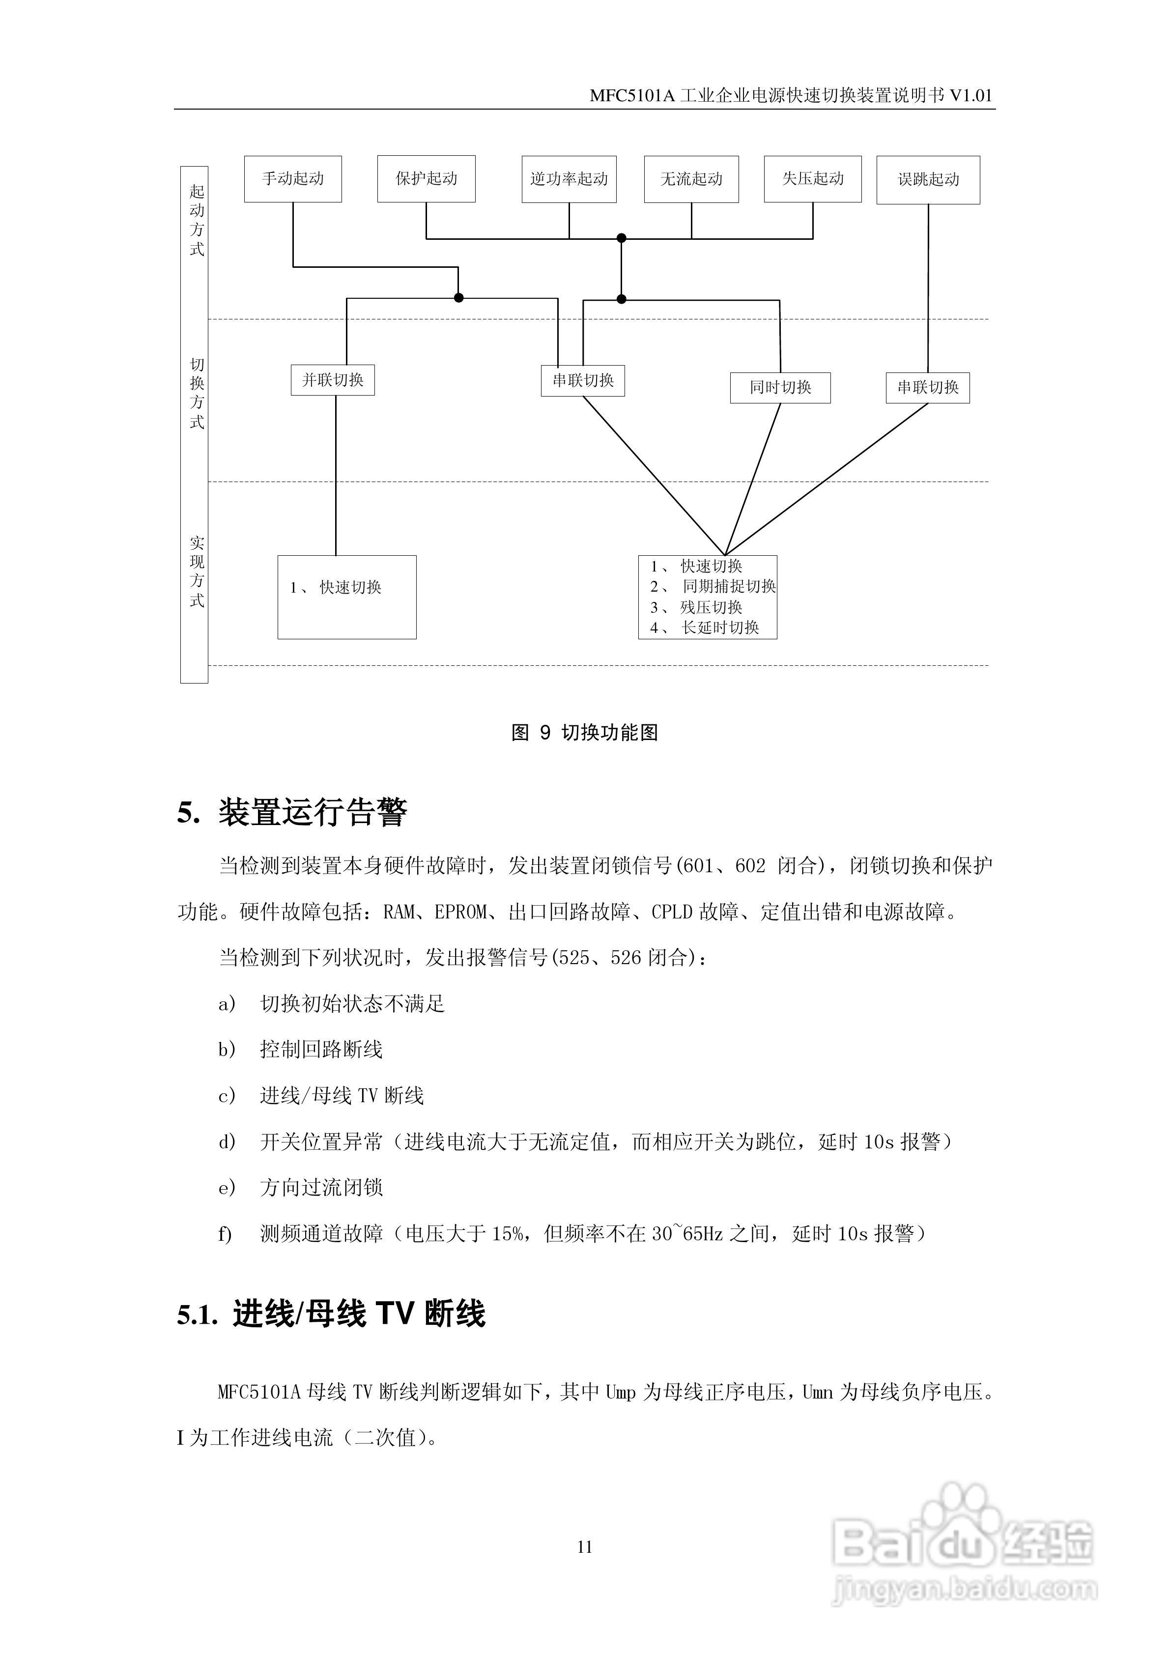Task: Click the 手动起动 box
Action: point(293,179)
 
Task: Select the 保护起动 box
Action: point(426,179)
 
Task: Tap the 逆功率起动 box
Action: point(569,179)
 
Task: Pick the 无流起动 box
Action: point(691,179)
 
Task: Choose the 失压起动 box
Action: point(812,179)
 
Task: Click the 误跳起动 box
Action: point(928,179)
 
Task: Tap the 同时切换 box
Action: point(780,388)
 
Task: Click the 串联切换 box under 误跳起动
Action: point(928,388)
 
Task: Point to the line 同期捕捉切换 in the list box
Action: point(729,587)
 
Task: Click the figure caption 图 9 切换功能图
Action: point(585,733)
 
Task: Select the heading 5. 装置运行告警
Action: point(292,812)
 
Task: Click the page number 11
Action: point(585,1547)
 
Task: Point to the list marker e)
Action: point(227,1188)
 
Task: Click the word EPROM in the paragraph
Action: point(460,913)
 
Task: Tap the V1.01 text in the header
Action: point(971,96)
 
